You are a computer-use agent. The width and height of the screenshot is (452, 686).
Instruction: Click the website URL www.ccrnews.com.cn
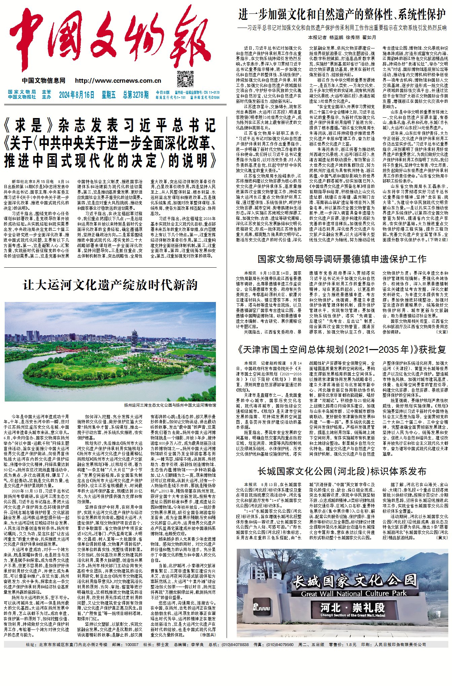click(x=118, y=81)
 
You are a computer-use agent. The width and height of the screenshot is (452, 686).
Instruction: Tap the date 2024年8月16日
click(x=77, y=95)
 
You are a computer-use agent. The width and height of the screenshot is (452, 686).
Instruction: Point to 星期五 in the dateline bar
click(x=109, y=95)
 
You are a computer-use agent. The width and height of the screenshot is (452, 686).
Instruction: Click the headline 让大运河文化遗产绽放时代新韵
click(x=110, y=285)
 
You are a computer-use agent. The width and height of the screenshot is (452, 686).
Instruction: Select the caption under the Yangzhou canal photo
click(x=170, y=405)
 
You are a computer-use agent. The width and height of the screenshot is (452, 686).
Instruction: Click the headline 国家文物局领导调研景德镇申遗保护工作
click(x=342, y=259)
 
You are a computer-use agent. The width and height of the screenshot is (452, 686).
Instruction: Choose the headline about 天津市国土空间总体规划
click(x=342, y=350)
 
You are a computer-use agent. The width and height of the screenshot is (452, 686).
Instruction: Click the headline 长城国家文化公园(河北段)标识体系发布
click(x=342, y=471)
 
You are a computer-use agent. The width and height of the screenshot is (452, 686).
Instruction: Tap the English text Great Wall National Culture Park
click(x=354, y=594)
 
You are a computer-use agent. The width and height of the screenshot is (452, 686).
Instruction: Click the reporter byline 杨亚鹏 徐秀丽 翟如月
click(x=342, y=37)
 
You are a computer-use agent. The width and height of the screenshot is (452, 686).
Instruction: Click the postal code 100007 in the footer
click(x=131, y=644)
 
